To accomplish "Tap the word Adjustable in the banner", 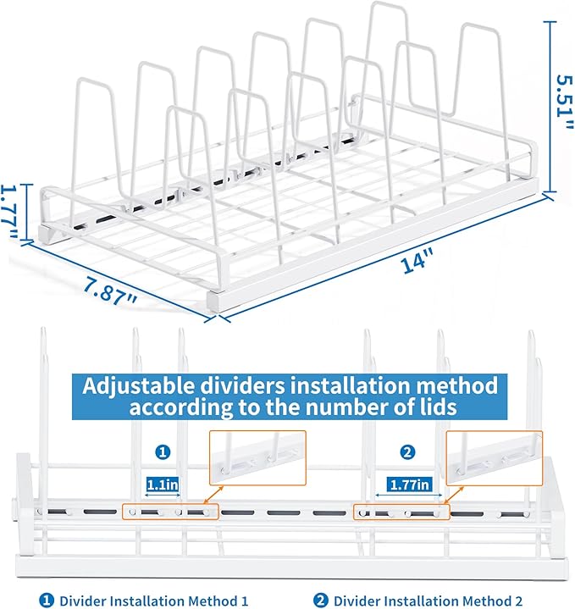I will coord(136,385).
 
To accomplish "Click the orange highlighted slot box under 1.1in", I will coord(169,512).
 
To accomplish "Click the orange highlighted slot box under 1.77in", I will coord(401,512).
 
